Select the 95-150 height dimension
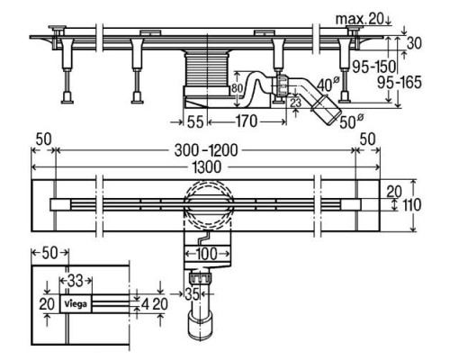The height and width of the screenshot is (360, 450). pos(370,66)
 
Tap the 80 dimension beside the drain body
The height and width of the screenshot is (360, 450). pos(237,88)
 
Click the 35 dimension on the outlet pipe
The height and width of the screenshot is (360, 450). pos(192,293)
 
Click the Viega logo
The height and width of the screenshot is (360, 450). pos(76,304)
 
